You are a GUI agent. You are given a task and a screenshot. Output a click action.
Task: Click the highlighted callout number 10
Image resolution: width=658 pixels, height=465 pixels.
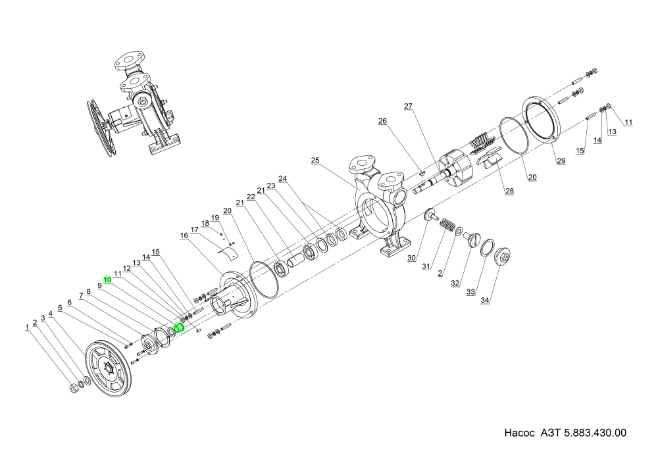(107, 280)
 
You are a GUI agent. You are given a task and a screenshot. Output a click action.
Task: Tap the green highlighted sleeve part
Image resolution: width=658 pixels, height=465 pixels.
(178, 328)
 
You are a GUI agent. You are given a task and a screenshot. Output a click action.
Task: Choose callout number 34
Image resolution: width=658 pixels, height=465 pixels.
(486, 301)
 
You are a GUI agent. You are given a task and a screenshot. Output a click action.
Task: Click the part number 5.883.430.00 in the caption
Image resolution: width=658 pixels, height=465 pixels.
(595, 434)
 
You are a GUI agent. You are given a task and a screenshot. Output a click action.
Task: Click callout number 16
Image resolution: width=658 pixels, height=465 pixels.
(184, 235)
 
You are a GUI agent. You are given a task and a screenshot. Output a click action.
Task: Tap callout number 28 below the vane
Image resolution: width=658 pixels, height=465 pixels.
(509, 191)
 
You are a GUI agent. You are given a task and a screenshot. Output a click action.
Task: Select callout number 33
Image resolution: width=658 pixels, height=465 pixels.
(470, 292)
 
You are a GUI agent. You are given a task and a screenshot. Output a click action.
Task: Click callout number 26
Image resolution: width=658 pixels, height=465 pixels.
(382, 121)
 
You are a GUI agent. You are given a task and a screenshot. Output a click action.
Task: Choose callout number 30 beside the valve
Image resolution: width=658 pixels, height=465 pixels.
(411, 258)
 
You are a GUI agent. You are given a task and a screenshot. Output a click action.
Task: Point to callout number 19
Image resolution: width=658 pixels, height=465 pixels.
(214, 218)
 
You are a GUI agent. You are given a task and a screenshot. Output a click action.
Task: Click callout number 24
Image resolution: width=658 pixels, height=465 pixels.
(283, 178)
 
